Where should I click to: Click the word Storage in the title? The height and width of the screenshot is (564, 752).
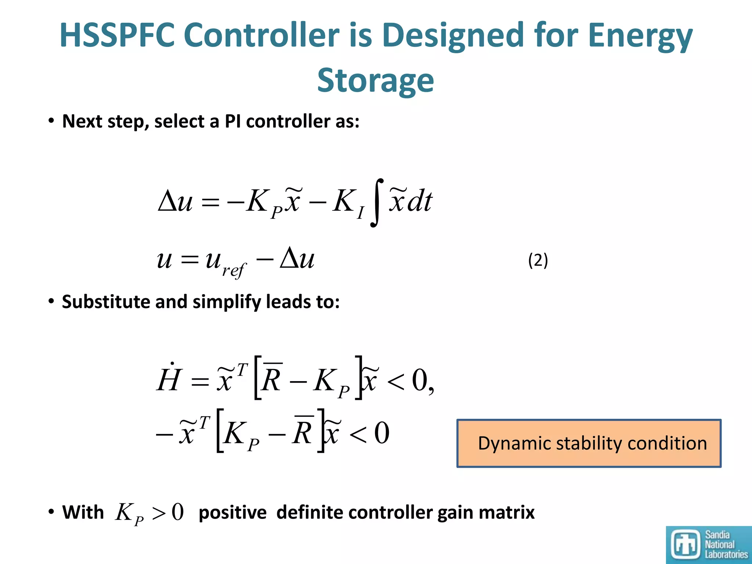click(375, 81)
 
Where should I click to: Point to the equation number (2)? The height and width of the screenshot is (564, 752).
click(538, 260)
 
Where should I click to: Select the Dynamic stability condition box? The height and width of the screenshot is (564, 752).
click(589, 443)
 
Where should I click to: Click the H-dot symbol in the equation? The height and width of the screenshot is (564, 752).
click(169, 378)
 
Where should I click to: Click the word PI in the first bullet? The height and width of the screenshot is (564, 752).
click(232, 121)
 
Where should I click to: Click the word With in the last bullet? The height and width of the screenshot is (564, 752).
click(83, 512)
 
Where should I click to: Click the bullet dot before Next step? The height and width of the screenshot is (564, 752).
click(51, 121)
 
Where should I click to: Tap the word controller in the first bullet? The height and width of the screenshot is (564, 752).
click(288, 121)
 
